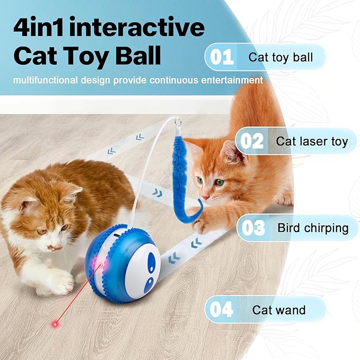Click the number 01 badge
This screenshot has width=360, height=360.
click(222, 57)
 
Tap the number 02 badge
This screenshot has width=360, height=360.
click(251, 142)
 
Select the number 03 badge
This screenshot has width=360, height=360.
click(253, 228)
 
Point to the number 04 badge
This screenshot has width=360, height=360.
click(222, 310)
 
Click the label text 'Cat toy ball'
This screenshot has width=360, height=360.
click(280, 57)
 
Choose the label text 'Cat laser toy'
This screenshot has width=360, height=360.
click(312, 142)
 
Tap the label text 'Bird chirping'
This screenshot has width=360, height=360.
click(313, 228)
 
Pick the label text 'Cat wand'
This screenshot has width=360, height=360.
click(279, 310)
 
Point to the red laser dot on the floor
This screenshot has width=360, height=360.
click(55, 323)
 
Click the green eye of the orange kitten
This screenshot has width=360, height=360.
click(218, 182)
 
